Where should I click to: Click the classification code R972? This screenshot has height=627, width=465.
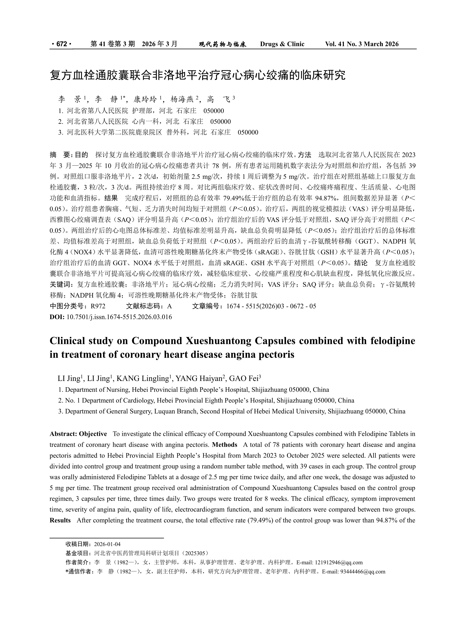click(x=98, y=306)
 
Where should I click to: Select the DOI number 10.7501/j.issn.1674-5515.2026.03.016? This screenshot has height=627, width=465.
click(x=119, y=317)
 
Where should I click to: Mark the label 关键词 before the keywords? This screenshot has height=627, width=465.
click(x=60, y=285)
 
